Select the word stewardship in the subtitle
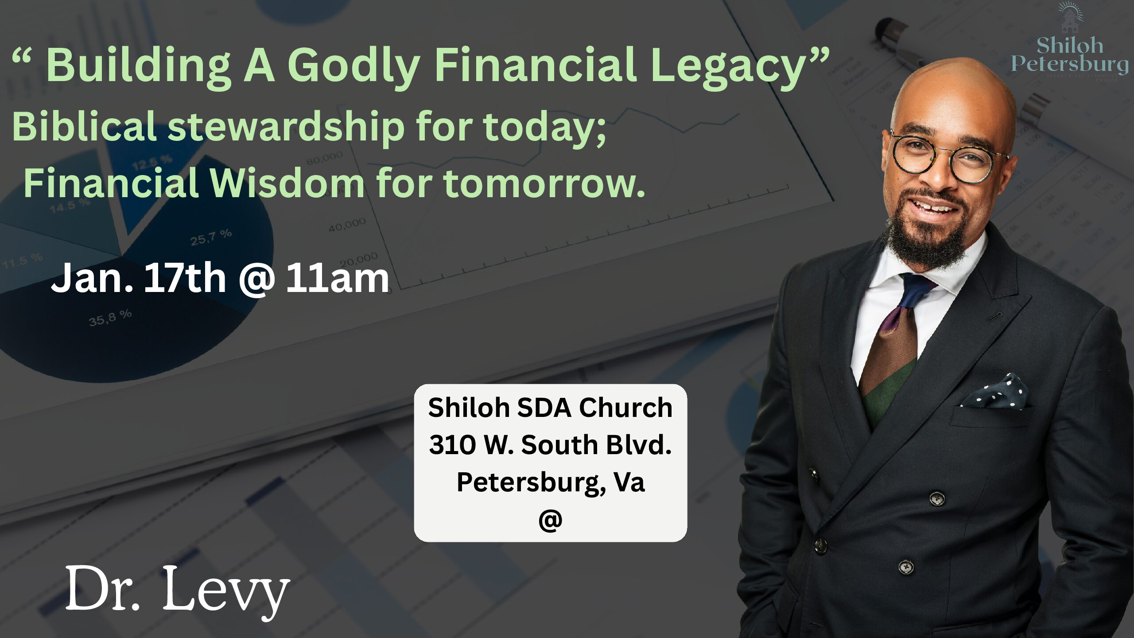pyautogui.click(x=286, y=127)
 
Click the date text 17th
pyautogui.click(x=185, y=278)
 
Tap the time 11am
pyautogui.click(x=337, y=278)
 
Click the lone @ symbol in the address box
pyautogui.click(x=550, y=519)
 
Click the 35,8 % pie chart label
pyautogui.click(x=110, y=317)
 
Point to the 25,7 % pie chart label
pyautogui.click(x=211, y=237)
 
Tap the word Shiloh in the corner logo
pyautogui.click(x=1069, y=45)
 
